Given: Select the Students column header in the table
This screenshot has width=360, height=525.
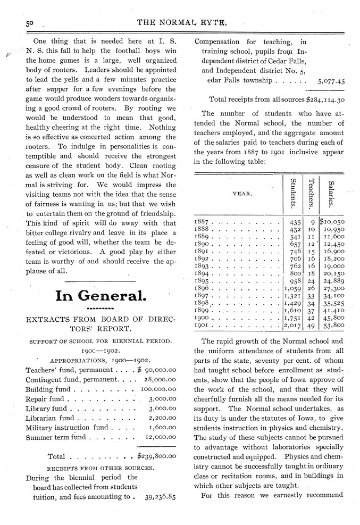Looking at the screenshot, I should click(x=292, y=193).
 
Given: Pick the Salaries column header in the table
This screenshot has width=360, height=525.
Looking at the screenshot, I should click(x=330, y=194).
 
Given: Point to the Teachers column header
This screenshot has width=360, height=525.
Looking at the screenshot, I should click(x=311, y=193).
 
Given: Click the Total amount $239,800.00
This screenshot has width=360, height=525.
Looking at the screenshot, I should click(x=158, y=456).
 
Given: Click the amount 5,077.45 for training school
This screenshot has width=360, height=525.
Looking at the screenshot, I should click(x=331, y=82).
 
